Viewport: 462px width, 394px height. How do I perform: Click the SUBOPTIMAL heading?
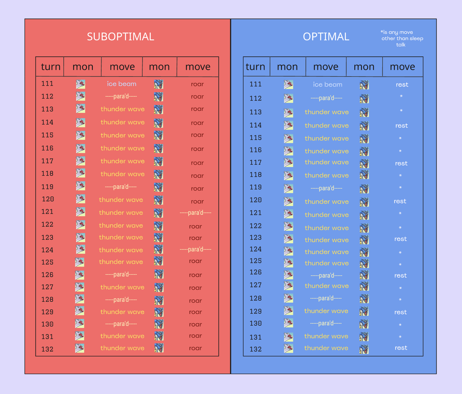click(x=120, y=37)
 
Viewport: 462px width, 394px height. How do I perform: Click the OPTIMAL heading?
click(x=326, y=37)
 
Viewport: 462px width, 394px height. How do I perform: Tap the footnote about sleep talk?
click(x=402, y=38)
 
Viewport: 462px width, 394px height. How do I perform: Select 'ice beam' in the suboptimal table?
click(x=121, y=84)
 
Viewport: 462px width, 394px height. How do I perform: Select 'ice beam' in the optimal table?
click(x=327, y=84)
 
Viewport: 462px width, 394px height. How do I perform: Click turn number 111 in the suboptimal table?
click(x=47, y=84)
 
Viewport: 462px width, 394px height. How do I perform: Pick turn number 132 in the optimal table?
click(x=255, y=349)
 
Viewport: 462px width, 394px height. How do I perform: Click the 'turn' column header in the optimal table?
click(x=255, y=67)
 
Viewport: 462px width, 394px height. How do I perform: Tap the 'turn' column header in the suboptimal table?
click(x=51, y=67)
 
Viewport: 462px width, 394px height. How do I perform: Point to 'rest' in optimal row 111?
click(x=402, y=85)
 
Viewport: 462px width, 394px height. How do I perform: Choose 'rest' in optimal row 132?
click(x=401, y=348)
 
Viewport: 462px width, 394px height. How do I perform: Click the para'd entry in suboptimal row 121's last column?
click(x=195, y=213)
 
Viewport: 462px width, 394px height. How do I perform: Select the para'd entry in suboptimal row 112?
click(x=121, y=96)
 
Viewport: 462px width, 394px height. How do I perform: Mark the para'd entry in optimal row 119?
click(x=326, y=188)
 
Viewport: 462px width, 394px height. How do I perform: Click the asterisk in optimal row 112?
click(x=401, y=96)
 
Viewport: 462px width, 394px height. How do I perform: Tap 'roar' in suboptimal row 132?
click(x=195, y=348)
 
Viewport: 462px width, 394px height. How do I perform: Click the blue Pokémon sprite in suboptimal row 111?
click(x=159, y=84)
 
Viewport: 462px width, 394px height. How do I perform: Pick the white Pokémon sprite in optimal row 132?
click(x=288, y=348)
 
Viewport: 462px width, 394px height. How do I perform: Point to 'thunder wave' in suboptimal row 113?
click(x=122, y=109)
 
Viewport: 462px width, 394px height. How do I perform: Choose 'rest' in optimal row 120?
click(x=400, y=201)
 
